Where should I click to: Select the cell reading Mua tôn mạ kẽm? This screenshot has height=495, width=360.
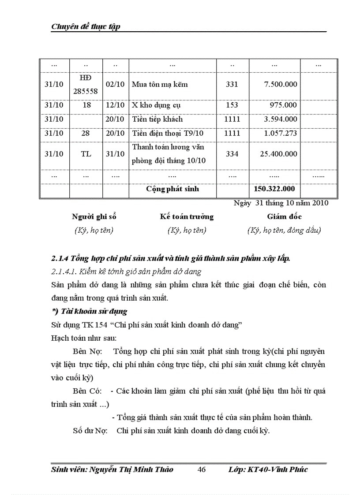click(x=160, y=84)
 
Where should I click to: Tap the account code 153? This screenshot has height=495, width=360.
click(x=232, y=105)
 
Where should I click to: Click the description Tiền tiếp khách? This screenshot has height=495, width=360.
click(x=157, y=119)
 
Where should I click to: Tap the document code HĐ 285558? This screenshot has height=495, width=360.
click(x=86, y=84)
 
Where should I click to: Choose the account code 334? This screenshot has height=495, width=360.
click(x=232, y=154)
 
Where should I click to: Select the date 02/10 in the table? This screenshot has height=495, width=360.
click(x=115, y=84)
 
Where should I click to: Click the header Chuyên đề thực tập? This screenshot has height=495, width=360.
click(x=86, y=26)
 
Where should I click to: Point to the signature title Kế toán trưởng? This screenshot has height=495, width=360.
click(x=187, y=217)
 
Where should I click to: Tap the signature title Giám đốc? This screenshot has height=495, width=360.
click(x=284, y=217)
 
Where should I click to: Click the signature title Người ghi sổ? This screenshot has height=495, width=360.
click(x=94, y=217)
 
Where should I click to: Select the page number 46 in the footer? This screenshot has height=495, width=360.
click(x=202, y=469)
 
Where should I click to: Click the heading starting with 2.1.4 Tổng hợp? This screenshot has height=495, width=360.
click(x=171, y=258)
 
